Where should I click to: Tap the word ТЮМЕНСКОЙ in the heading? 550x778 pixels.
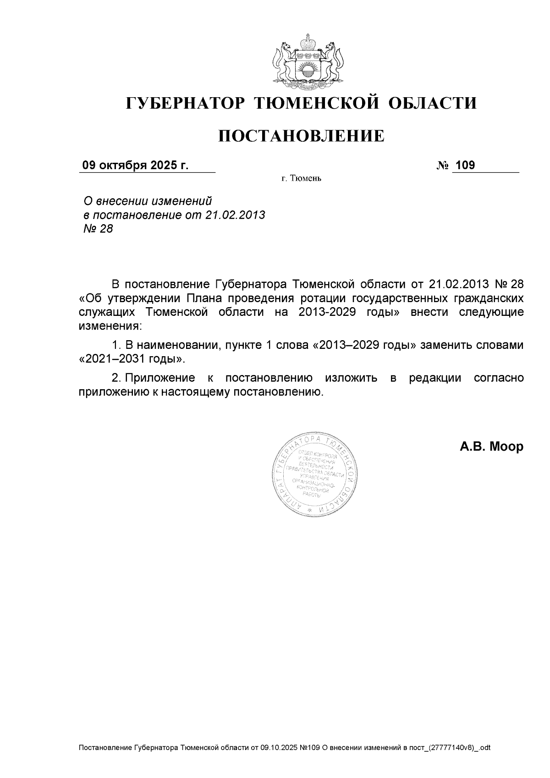pos(317,103)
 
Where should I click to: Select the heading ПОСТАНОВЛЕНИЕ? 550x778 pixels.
pos(301,136)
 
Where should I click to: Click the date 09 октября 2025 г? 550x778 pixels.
pos(135,166)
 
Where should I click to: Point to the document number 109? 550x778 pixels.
pos(466,166)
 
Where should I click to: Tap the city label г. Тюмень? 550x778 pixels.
pos(301,178)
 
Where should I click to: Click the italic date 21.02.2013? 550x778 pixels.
pos(235,215)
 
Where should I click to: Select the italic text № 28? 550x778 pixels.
pos(98,228)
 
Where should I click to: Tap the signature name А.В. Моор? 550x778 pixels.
pos(491,447)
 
